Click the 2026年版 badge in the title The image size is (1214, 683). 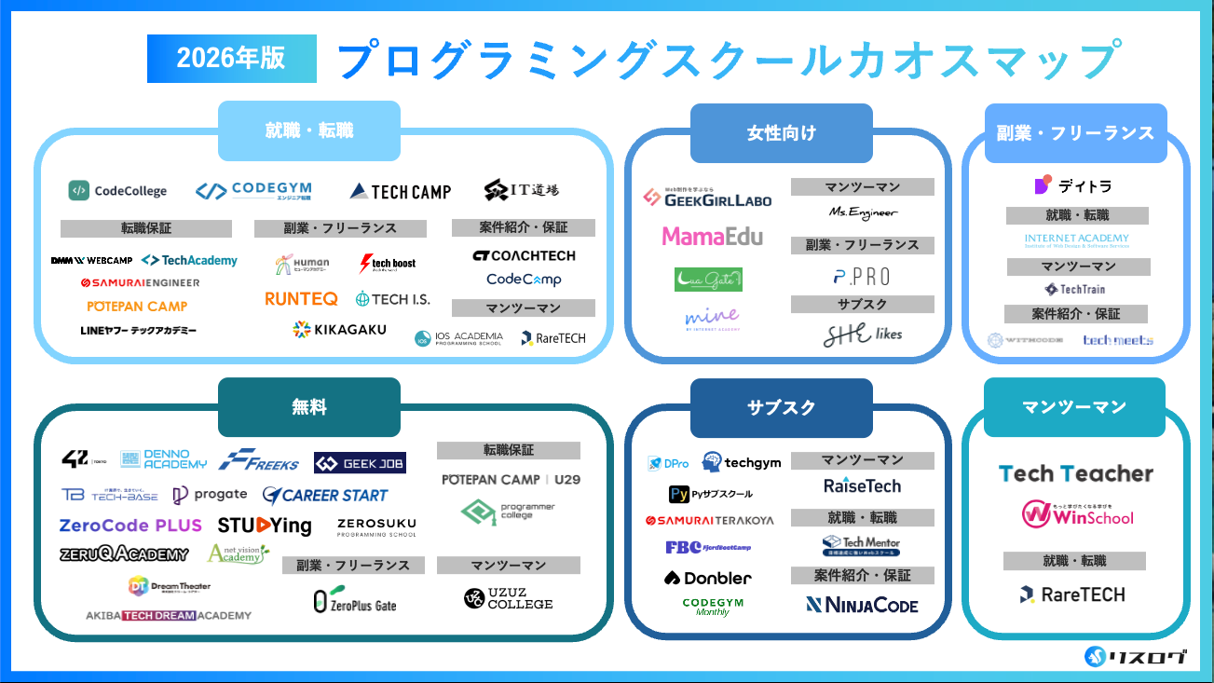(231, 59)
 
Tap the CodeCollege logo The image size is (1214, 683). (117, 191)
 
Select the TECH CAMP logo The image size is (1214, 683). (401, 191)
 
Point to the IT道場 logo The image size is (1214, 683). (522, 190)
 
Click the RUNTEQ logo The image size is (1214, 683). (301, 299)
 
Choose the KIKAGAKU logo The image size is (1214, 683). (339, 329)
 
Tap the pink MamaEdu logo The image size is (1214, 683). (712, 237)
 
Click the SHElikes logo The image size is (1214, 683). (863, 334)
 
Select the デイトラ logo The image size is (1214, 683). (1073, 185)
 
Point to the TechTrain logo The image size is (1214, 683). (1075, 289)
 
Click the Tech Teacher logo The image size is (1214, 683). (1076, 473)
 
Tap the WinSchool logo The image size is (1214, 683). (1077, 513)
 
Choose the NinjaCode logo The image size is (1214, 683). (862, 606)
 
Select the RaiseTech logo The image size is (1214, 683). (862, 485)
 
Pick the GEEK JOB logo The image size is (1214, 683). (360, 463)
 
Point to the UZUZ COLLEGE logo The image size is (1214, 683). (509, 598)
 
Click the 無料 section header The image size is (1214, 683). (309, 407)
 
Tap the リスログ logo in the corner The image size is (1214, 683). (1137, 657)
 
